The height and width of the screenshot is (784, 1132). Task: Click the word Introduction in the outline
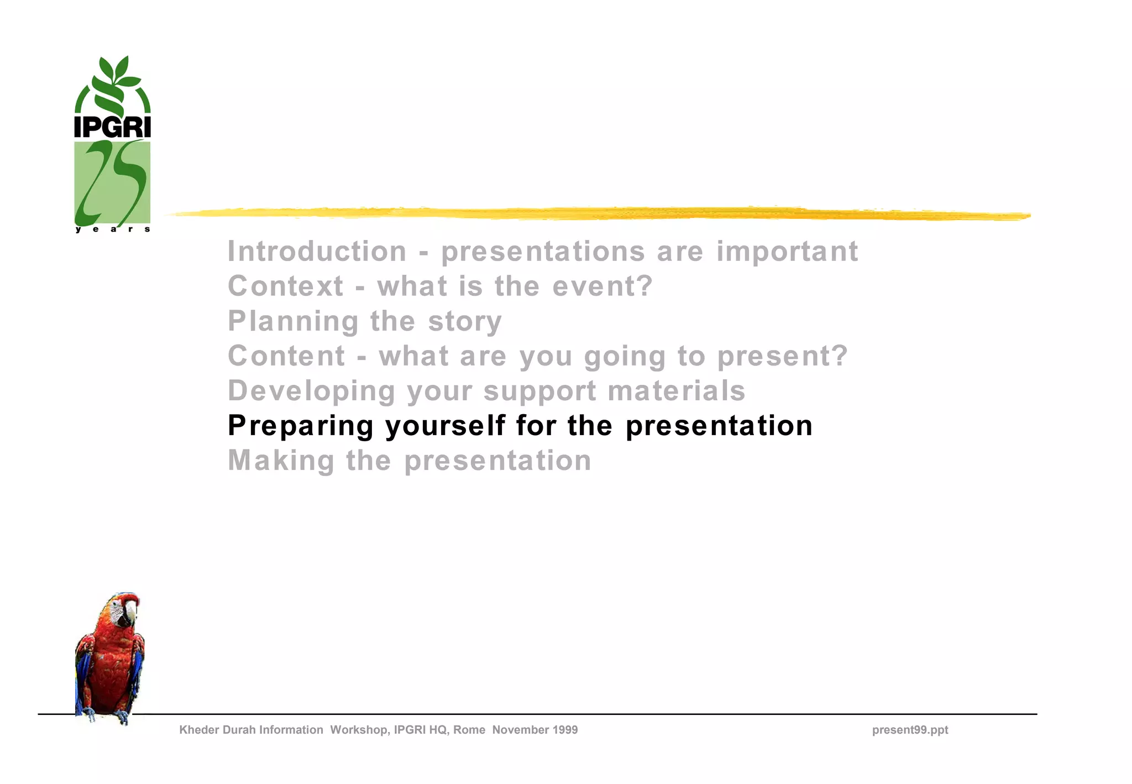pyautogui.click(x=317, y=252)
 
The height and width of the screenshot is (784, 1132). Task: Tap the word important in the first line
pyautogui.click(x=787, y=252)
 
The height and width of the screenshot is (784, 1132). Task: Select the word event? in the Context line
pyautogui.click(x=602, y=286)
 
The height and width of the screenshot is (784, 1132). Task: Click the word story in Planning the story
pyautogui.click(x=465, y=321)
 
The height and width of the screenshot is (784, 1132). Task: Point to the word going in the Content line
pyautogui.click(x=625, y=357)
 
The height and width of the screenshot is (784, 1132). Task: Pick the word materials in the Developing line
pyautogui.click(x=677, y=391)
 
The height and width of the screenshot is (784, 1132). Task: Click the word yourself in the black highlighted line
pyautogui.click(x=445, y=426)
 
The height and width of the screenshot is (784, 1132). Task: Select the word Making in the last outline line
pyautogui.click(x=281, y=461)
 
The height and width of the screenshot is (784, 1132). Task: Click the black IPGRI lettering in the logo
pyautogui.click(x=112, y=127)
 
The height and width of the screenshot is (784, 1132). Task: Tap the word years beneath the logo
pyautogui.click(x=113, y=229)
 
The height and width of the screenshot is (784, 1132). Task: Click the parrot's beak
pyautogui.click(x=131, y=611)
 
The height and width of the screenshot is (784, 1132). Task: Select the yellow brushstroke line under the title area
pyautogui.click(x=597, y=213)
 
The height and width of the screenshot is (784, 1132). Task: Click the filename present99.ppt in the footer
pyautogui.click(x=910, y=730)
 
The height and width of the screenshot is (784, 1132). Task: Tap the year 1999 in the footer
pyautogui.click(x=564, y=730)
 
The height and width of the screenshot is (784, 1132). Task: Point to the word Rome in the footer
pyautogui.click(x=469, y=730)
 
